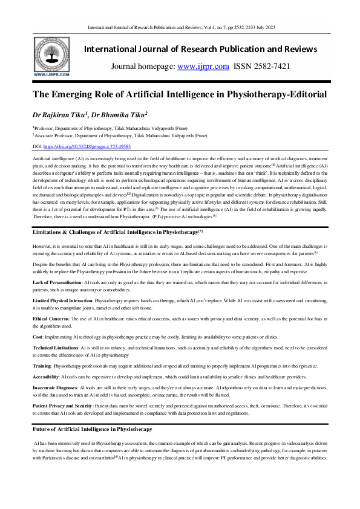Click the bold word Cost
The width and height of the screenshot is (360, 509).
38,336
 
